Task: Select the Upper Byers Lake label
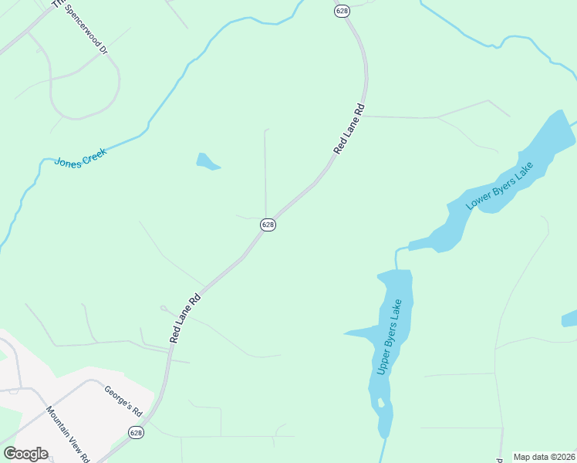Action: (x=390, y=337)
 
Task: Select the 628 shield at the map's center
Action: (x=268, y=225)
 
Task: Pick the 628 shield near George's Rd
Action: (x=137, y=433)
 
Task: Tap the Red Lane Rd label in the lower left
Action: (x=185, y=318)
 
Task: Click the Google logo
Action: (x=25, y=454)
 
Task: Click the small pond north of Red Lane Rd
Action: (x=207, y=161)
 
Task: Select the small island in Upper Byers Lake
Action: (x=380, y=402)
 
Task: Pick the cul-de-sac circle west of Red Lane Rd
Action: (x=164, y=308)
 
